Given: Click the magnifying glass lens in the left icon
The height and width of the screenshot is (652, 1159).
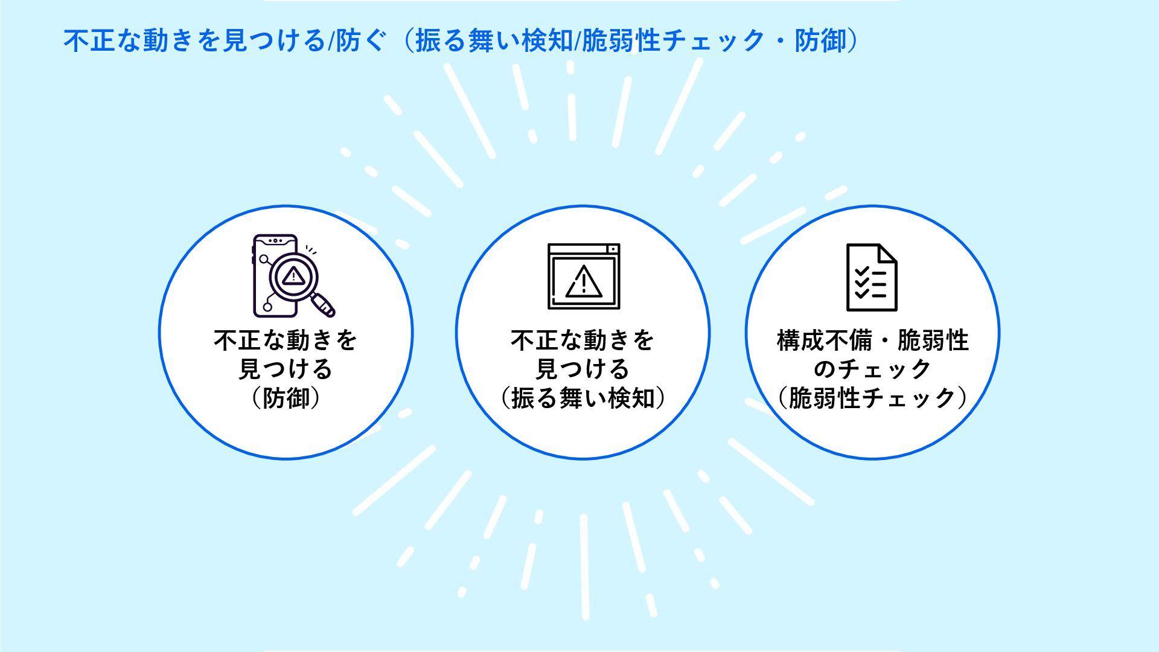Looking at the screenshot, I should pos(293,276).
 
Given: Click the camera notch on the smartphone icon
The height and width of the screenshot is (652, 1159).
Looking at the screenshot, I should pos(275,241).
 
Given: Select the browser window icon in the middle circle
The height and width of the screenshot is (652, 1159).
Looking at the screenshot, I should pos(584,276).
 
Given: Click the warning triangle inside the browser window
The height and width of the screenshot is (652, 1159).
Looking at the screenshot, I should pos(584,282).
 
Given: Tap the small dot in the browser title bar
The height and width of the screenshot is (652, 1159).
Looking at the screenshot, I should pos(612,249).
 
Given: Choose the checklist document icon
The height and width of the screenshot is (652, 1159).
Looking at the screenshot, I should pos(871,277).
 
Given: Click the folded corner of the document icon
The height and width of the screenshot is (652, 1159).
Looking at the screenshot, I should pos(887,253).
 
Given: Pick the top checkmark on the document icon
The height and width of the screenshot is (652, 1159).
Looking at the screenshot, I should pos(862,270).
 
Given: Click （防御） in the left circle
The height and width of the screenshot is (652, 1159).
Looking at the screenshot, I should pos(286,398).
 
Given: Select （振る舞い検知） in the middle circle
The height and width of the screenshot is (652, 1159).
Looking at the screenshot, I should pos(583,398).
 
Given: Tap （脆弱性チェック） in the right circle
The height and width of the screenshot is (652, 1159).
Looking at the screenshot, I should pos(872,398).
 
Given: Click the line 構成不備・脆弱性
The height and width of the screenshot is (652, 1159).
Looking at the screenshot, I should pos(872,340).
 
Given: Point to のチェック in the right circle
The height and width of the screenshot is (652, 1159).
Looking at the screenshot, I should pos(872,369).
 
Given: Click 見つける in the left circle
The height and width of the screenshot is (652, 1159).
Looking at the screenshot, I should pos(286,369).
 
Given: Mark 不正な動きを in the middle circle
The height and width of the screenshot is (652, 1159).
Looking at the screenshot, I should pos(583,340).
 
